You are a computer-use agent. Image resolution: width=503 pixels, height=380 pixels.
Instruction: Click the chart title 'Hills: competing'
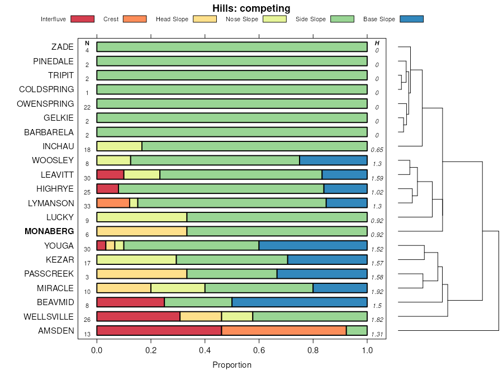point(251,8)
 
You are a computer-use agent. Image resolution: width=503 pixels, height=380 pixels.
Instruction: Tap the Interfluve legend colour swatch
point(82,19)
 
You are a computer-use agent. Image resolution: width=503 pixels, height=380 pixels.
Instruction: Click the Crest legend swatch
point(134,19)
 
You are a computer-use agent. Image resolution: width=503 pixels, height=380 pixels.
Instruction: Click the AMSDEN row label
point(56,331)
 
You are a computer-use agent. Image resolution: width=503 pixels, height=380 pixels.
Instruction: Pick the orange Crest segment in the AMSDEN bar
point(284,331)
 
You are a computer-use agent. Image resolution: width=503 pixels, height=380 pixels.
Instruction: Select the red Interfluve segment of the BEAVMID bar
point(130,302)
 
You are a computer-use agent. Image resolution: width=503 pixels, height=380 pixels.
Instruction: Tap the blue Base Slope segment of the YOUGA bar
point(313,245)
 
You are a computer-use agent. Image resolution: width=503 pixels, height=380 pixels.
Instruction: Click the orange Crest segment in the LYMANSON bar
point(113,203)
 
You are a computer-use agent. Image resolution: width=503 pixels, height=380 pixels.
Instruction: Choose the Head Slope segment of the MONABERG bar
point(141,231)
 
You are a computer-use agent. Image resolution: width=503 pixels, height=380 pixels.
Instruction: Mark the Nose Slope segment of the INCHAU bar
point(119,146)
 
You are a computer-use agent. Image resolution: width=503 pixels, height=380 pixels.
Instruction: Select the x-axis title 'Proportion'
point(232,365)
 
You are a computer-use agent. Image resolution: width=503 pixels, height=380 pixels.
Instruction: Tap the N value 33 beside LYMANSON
point(87,206)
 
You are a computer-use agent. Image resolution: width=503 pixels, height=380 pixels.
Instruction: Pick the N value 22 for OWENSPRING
point(87,107)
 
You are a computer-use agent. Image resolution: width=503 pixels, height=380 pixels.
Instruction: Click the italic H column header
point(377,43)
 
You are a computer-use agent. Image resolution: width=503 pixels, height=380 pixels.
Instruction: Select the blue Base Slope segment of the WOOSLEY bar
point(333,160)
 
